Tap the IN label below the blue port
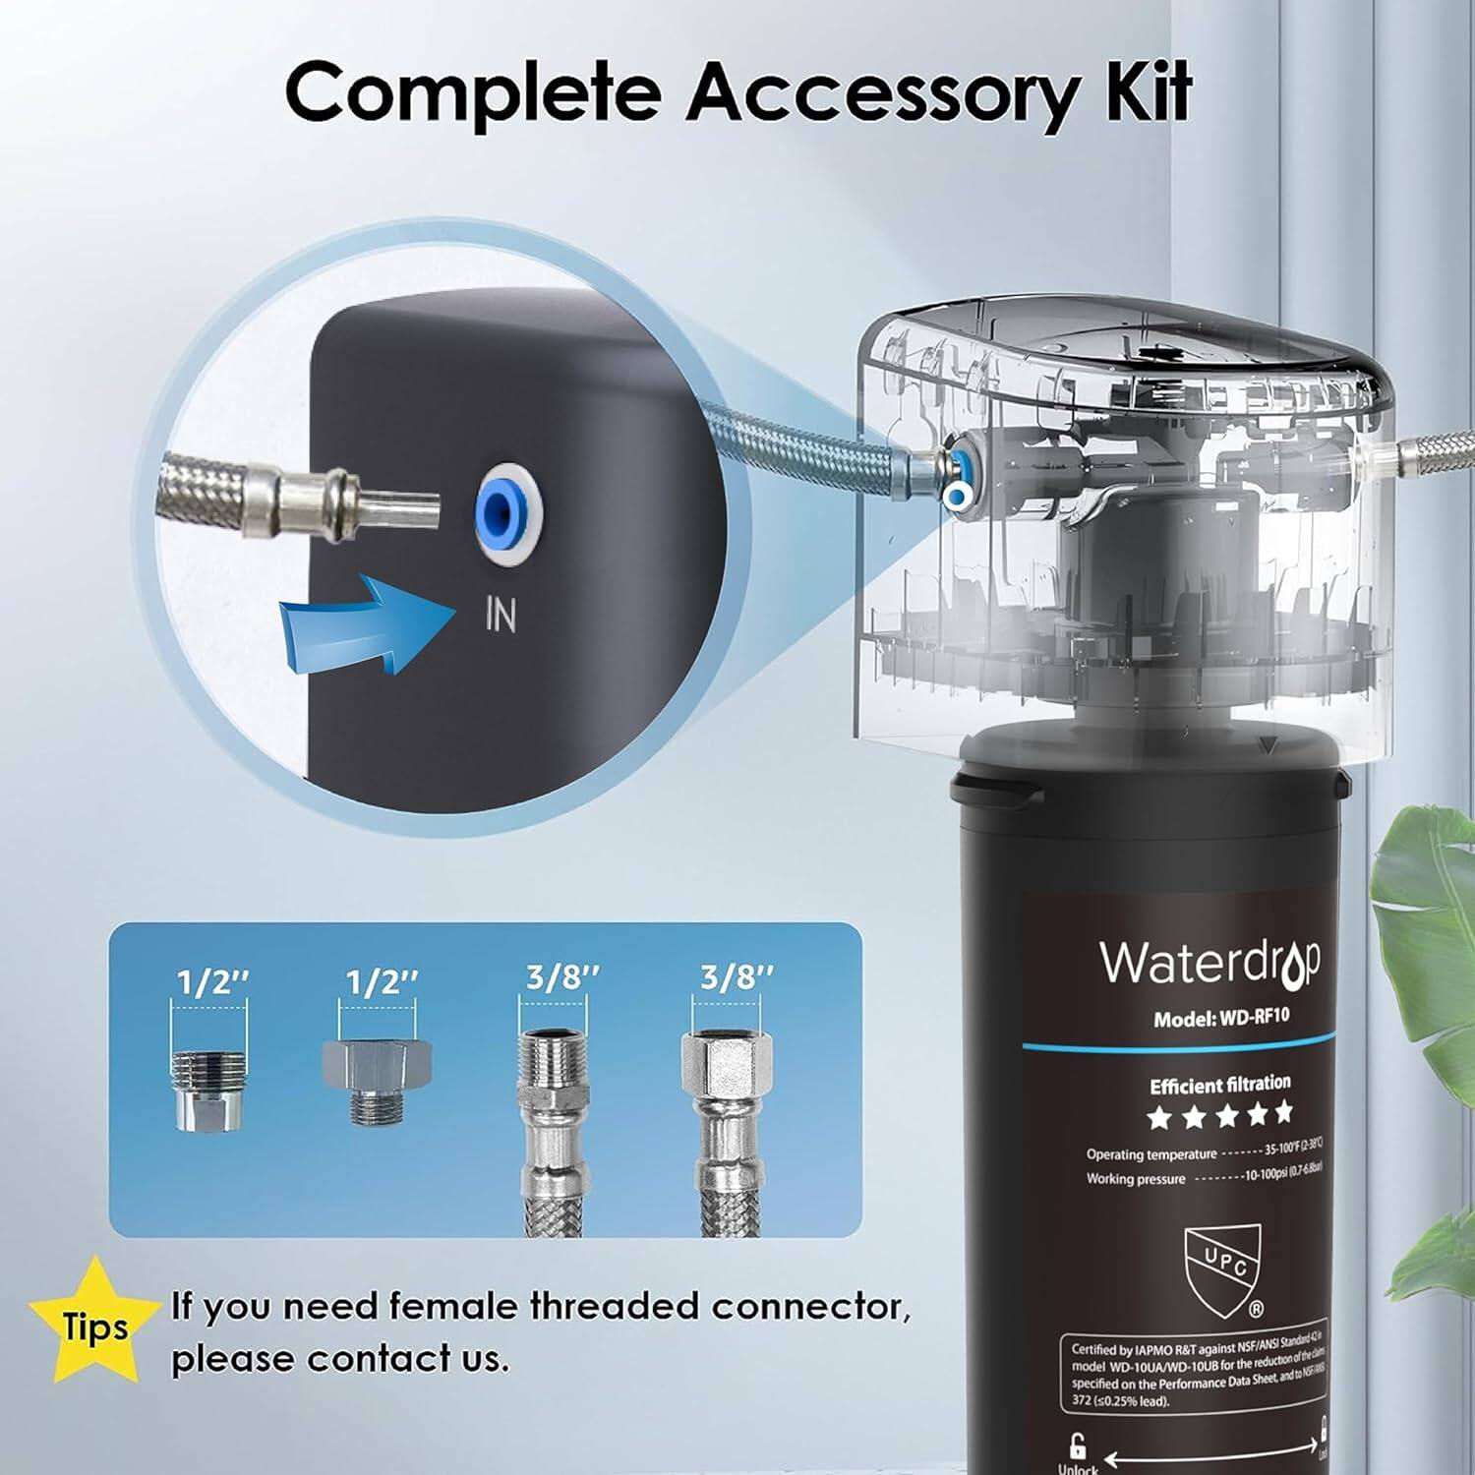501,616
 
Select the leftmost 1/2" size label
213,981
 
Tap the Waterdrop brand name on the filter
1209,963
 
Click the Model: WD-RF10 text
1220,1019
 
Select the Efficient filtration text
1220,1085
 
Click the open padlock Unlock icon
1078,1445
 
